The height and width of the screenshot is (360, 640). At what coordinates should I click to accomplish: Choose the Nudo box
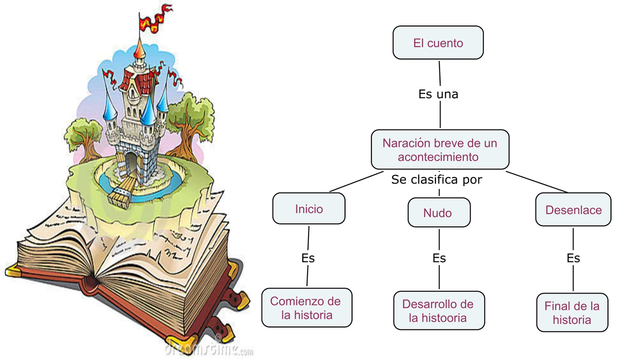(x=436, y=212)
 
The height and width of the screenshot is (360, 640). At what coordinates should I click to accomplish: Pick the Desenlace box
(x=572, y=210)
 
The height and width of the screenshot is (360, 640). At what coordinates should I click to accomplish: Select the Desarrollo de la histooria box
(x=438, y=310)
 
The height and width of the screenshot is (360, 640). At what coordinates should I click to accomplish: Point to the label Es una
(x=438, y=94)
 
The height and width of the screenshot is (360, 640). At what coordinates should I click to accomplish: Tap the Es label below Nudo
(x=438, y=258)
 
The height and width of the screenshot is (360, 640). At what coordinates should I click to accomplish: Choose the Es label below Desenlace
(x=573, y=258)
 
